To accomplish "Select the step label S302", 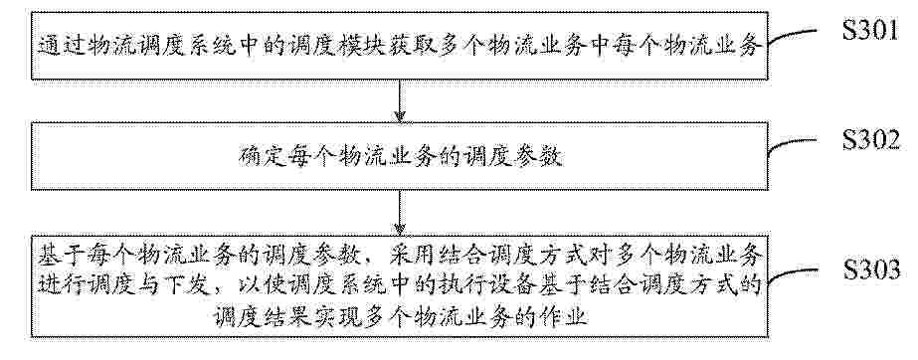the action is [x=871, y=140].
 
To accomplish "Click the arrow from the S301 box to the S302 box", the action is [x=400, y=100].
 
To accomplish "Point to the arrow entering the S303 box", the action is [x=400, y=211].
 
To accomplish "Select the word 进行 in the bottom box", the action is [x=58, y=287].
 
